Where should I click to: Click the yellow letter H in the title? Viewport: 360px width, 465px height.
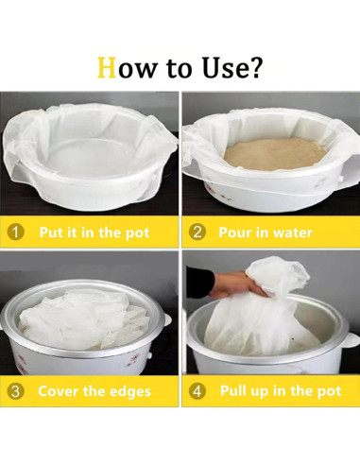[x=107, y=67]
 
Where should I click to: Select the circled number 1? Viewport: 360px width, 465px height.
[x=15, y=232]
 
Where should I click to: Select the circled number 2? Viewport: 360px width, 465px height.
[x=197, y=232]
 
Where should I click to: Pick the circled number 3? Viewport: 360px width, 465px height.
[x=15, y=391]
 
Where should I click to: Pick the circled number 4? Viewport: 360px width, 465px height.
[x=197, y=391]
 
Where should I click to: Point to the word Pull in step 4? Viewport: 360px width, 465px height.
[x=232, y=390]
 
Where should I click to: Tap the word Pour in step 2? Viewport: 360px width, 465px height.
[x=233, y=232]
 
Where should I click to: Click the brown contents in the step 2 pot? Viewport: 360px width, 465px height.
[x=275, y=155]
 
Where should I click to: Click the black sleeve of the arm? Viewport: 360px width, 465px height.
[x=200, y=281]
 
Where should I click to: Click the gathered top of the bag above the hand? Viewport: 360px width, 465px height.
[x=277, y=274]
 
